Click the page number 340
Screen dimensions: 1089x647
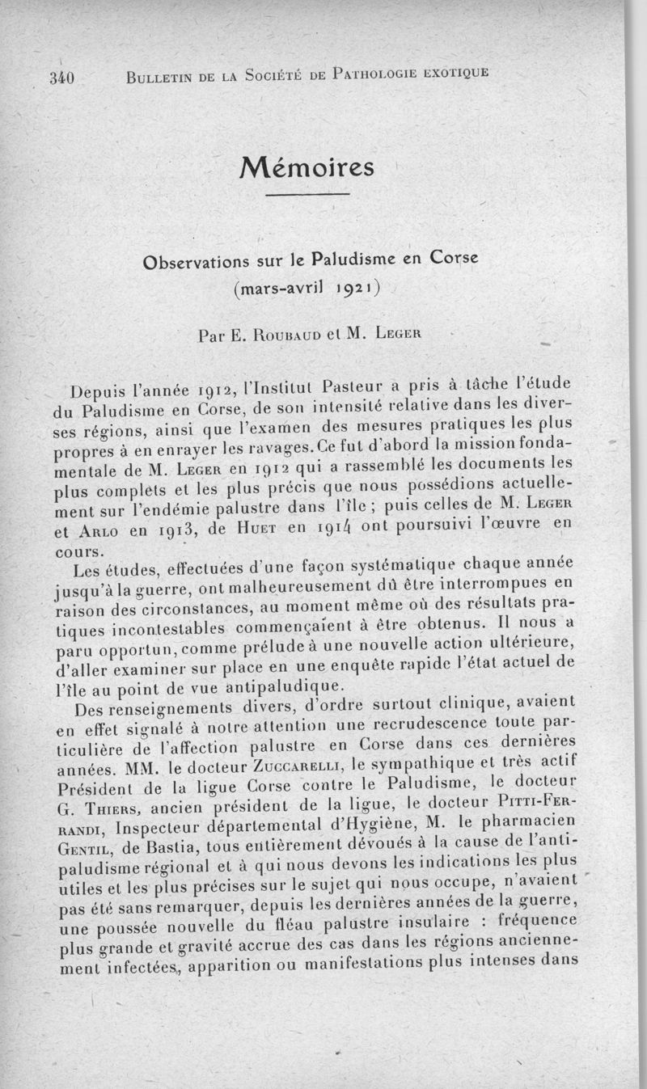pos(61,78)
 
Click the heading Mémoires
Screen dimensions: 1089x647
pos(307,167)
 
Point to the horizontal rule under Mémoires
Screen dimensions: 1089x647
pos(307,195)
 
